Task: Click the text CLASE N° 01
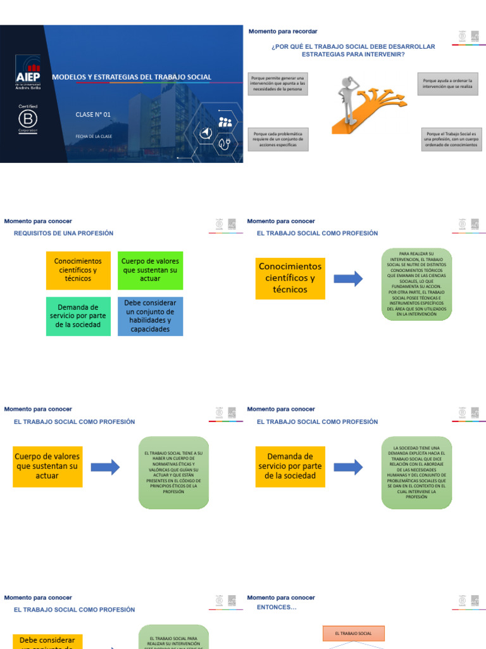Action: pos(92,115)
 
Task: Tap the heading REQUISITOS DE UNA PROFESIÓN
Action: pos(63,233)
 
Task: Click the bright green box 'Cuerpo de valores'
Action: pos(150,270)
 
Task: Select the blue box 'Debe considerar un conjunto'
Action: pos(150,316)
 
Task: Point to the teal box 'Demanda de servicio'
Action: pos(78,316)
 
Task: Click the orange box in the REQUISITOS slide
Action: pos(78,270)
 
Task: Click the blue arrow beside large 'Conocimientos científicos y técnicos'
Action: pos(347,278)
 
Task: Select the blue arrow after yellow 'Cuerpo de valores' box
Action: pos(105,468)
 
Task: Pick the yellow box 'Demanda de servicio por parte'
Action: pos(290,466)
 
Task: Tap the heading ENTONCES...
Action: pos(276,607)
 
